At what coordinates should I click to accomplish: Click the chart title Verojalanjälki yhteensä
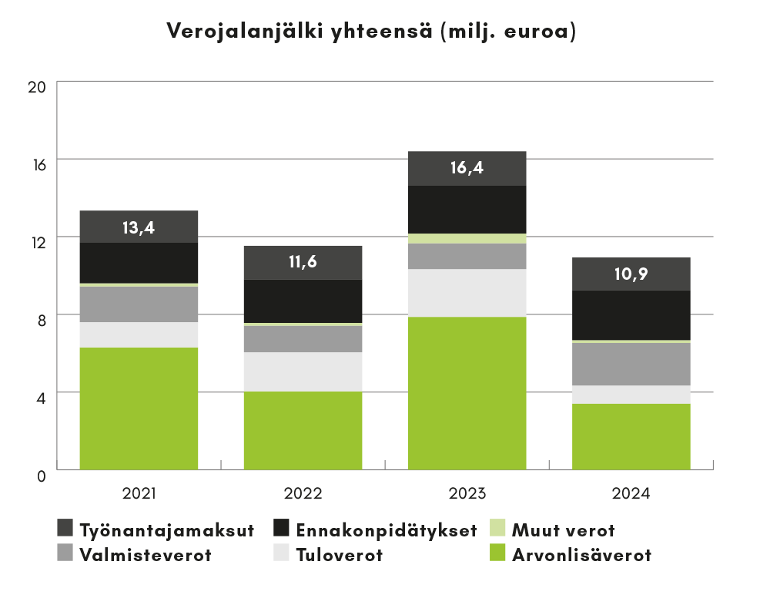[x=371, y=32]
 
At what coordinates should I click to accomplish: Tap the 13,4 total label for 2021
[x=139, y=227]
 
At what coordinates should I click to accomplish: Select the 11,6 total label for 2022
[x=303, y=262]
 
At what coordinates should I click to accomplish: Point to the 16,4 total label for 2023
[x=467, y=167]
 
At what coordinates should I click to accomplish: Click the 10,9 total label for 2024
[x=631, y=274]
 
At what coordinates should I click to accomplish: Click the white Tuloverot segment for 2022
[x=303, y=371]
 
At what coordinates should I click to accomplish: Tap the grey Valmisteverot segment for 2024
[x=631, y=364]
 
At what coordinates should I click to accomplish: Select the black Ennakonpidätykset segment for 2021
[x=139, y=263]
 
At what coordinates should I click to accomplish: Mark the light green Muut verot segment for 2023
[x=467, y=239]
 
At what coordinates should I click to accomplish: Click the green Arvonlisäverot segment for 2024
[x=631, y=435]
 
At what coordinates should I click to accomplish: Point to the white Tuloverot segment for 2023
[x=467, y=293]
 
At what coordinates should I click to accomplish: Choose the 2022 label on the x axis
[x=303, y=494]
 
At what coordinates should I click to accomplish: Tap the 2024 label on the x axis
[x=631, y=494]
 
